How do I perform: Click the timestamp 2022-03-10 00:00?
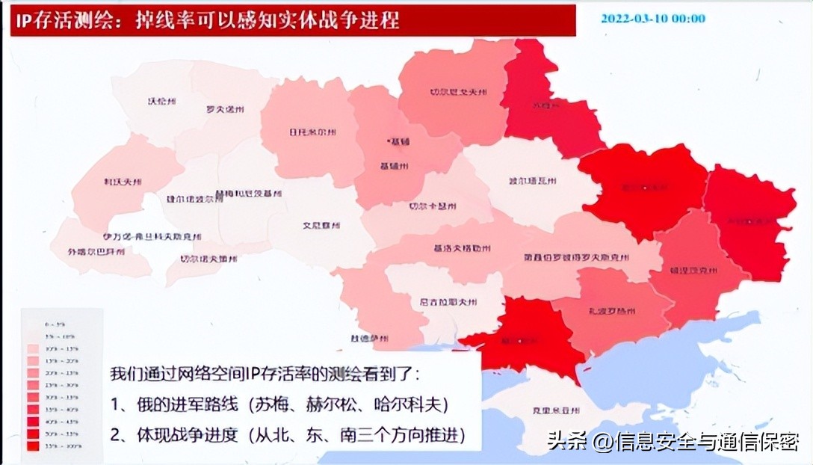pyautogui.click(x=652, y=19)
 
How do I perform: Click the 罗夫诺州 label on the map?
pyautogui.click(x=225, y=109)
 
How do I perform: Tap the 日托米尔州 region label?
pyautogui.click(x=312, y=132)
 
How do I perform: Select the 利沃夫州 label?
pyautogui.click(x=123, y=182)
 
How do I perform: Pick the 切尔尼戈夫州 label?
pyautogui.click(x=458, y=93)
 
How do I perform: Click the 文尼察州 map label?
pyautogui.click(x=321, y=224)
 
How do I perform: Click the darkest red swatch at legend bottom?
pyautogui.click(x=32, y=446)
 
